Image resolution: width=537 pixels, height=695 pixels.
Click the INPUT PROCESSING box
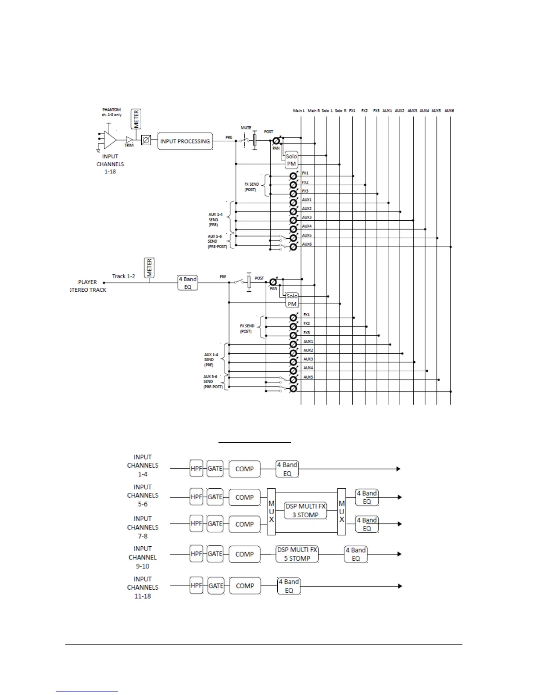(x=185, y=141)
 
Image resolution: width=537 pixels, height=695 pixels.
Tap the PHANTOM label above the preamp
(x=111, y=110)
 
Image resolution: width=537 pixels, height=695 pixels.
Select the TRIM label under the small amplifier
(x=129, y=145)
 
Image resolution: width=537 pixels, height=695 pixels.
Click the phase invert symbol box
(x=146, y=141)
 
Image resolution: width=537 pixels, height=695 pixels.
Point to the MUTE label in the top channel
(x=246, y=128)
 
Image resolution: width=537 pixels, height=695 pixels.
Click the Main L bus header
(x=299, y=111)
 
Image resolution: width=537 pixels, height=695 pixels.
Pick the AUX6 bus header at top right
(x=449, y=111)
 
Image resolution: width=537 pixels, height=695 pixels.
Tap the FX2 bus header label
(x=365, y=111)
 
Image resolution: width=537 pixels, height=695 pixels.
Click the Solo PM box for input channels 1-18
(x=291, y=160)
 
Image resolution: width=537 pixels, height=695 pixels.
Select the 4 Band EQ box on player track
(x=188, y=283)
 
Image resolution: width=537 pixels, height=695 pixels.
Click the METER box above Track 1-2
(x=149, y=268)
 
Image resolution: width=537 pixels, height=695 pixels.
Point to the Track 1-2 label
(x=123, y=276)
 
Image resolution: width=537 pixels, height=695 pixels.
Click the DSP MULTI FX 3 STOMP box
(x=305, y=511)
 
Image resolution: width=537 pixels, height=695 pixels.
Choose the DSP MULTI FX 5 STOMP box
(x=297, y=554)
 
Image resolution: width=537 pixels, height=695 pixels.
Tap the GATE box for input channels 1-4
(x=215, y=469)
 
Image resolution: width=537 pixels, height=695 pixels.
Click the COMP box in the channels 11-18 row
(x=245, y=586)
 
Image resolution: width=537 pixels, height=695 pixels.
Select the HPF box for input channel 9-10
(x=196, y=554)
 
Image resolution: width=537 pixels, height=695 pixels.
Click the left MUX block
(x=271, y=512)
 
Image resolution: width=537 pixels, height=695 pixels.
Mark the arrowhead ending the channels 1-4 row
(x=398, y=469)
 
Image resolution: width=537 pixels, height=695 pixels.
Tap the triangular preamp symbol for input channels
(x=110, y=140)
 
